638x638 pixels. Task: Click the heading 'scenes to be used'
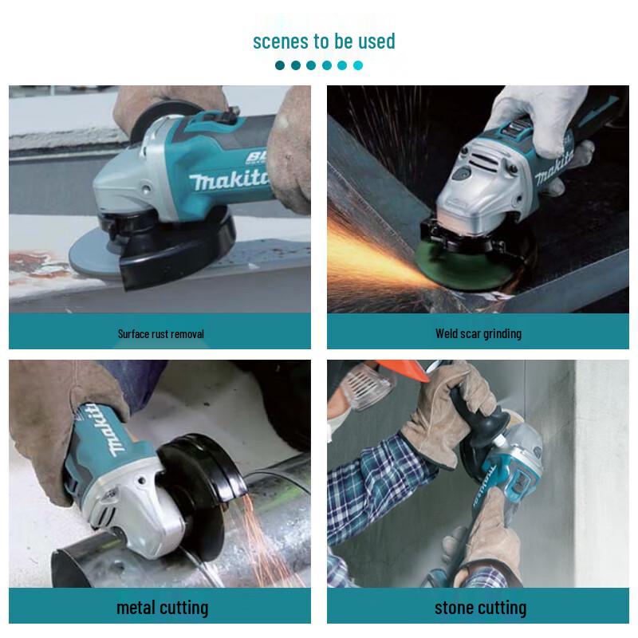[x=324, y=41]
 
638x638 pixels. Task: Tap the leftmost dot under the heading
[x=280, y=65]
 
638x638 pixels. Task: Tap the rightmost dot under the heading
[x=358, y=65]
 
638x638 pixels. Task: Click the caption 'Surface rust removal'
[x=160, y=333]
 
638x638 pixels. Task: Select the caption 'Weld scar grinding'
[x=478, y=333]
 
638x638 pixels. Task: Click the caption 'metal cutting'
[x=162, y=608]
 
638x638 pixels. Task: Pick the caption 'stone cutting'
[x=480, y=608]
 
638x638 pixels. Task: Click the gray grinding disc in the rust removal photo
[x=88, y=254]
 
